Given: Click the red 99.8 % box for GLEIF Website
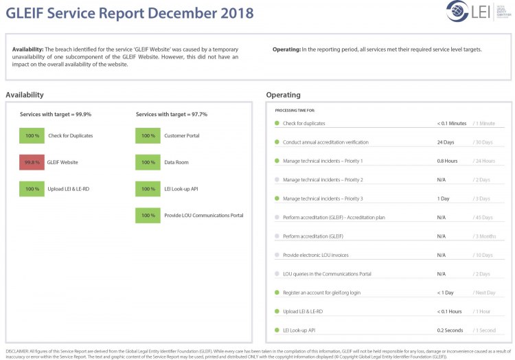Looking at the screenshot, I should pyautogui.click(x=32, y=162).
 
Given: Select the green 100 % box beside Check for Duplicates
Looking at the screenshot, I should pyautogui.click(x=32, y=135).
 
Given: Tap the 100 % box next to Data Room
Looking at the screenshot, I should pyautogui.click(x=148, y=162).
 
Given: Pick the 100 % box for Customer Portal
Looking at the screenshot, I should pyautogui.click(x=148, y=135).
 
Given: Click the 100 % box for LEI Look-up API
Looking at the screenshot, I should pyautogui.click(x=148, y=189).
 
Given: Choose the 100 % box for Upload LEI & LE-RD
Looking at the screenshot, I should pyautogui.click(x=32, y=189).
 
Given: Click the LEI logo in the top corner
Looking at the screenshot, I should pyautogui.click(x=470, y=12).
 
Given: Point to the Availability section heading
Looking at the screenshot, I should pyautogui.click(x=25, y=95).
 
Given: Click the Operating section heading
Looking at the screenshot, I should pyautogui.click(x=283, y=95).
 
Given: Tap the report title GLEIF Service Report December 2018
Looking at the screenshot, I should pyautogui.click(x=130, y=13).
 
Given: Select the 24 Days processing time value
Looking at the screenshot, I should pyautogui.click(x=446, y=142).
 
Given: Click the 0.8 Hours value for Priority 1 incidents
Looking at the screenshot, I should pyautogui.click(x=447, y=161).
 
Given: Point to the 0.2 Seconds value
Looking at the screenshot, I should pyautogui.click(x=450, y=330).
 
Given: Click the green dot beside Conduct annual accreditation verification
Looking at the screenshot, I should pyautogui.click(x=277, y=142).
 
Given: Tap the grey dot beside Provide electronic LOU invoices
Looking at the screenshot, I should pyautogui.click(x=277, y=255).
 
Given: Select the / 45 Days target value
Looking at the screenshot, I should pyautogui.click(x=483, y=218).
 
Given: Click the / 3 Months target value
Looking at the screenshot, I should pyautogui.click(x=485, y=236).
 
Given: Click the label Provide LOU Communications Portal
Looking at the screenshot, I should pyautogui.click(x=203, y=216).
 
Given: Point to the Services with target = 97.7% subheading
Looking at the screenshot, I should pyautogui.click(x=172, y=114).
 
